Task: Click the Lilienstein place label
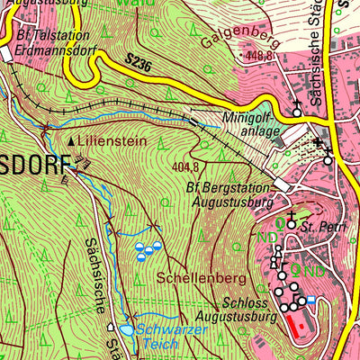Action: tap(111, 141)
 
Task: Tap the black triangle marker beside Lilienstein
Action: tap(72, 142)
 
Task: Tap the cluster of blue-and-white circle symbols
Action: tap(147, 250)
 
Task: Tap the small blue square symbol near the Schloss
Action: tap(311, 299)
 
